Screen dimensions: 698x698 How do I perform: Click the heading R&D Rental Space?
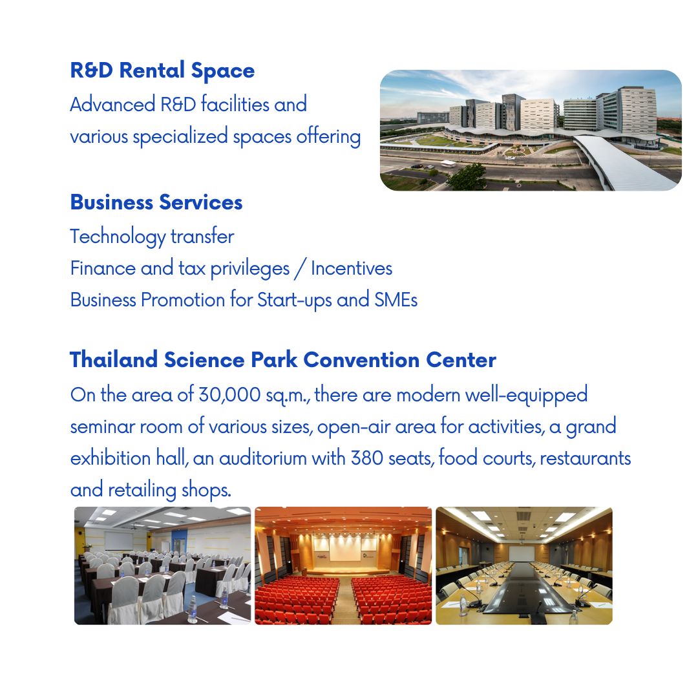tap(162, 71)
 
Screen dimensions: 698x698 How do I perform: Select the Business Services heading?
tap(156, 202)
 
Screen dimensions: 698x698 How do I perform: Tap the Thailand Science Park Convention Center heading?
tap(283, 360)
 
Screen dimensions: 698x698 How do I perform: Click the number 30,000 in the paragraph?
tap(229, 395)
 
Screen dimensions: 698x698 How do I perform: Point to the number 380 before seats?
tap(367, 458)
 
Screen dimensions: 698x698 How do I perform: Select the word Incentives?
tap(352, 268)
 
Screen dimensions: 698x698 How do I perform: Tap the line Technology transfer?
tap(153, 237)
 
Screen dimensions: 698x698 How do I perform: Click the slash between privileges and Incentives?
tap(301, 269)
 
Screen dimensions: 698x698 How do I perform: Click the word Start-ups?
tap(295, 300)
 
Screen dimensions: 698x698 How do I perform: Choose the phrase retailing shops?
tap(169, 490)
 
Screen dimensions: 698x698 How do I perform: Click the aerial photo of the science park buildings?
tap(531, 130)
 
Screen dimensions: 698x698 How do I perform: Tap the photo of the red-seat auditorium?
tap(343, 566)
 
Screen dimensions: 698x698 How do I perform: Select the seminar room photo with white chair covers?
tap(162, 566)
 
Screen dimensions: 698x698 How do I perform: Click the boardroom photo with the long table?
tap(524, 566)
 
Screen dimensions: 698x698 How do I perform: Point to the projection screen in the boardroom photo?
tap(522, 554)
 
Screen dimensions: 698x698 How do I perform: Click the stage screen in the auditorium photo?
tap(342, 549)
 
